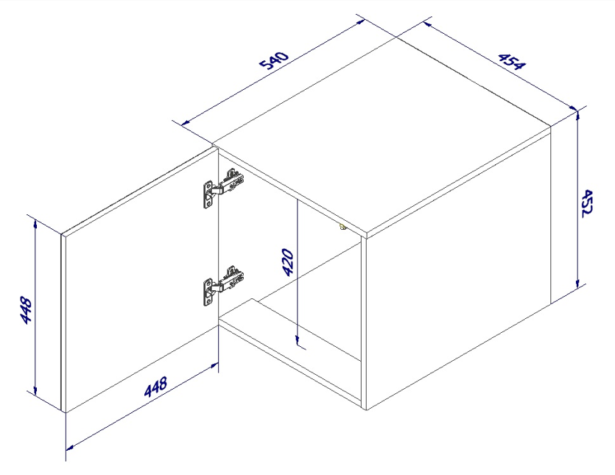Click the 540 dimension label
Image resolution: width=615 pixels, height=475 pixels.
(x=275, y=59)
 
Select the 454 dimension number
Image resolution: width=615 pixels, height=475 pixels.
(x=511, y=61)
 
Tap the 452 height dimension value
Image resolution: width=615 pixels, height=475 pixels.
(x=587, y=203)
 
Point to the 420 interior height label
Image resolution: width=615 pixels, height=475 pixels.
(x=287, y=262)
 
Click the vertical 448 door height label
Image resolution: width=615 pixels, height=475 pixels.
(x=26, y=310)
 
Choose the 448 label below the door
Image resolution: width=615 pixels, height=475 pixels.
(x=155, y=387)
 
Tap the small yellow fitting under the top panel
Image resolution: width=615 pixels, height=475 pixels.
(x=342, y=227)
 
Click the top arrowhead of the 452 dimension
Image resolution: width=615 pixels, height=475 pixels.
(x=577, y=116)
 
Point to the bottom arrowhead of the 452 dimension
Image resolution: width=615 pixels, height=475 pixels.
(x=577, y=284)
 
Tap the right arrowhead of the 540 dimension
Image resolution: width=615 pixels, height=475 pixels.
(x=360, y=22)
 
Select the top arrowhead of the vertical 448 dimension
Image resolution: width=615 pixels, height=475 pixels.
(x=35, y=225)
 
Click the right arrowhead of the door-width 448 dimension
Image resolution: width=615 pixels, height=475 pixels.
(x=214, y=366)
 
